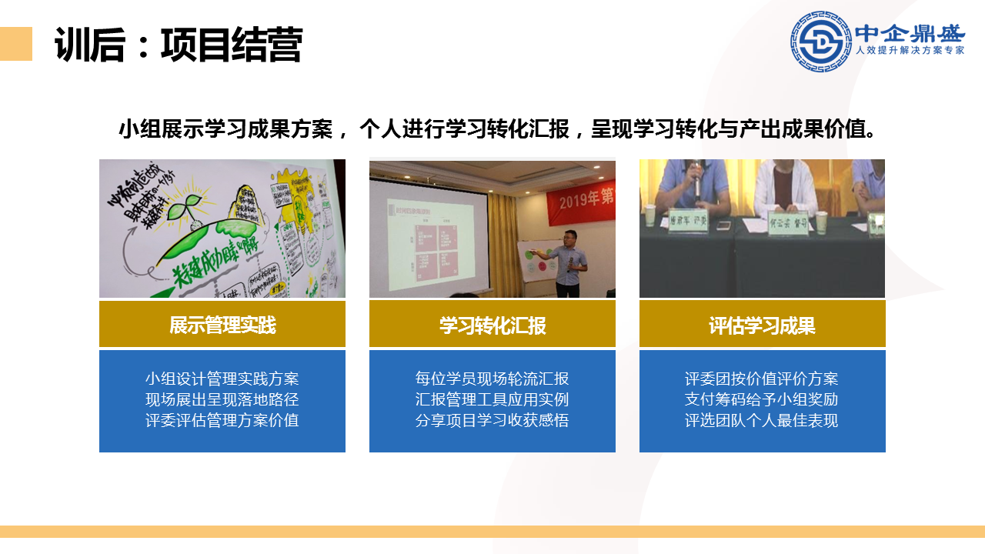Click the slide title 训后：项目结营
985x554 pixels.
pyautogui.click(x=178, y=45)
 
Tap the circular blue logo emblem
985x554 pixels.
pyautogui.click(x=820, y=41)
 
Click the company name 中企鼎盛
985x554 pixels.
pyautogui.click(x=910, y=33)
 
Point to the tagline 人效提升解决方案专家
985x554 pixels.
pyautogui.click(x=910, y=51)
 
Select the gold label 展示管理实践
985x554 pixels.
pyautogui.click(x=222, y=325)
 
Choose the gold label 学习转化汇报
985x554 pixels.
pyautogui.click(x=492, y=325)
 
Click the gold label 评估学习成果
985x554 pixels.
pyautogui.click(x=762, y=325)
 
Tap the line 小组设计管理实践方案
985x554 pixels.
pyautogui.click(x=222, y=379)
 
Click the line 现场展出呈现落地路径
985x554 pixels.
pyautogui.click(x=222, y=399)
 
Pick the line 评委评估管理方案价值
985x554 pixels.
pyautogui.click(x=222, y=420)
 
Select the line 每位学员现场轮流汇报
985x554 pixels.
pyautogui.click(x=492, y=379)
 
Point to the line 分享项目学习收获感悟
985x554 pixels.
pyautogui.click(x=492, y=420)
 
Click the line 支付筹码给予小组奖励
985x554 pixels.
pyautogui.click(x=762, y=399)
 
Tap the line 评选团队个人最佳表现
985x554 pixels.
pyautogui.click(x=762, y=420)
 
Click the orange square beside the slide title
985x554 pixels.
pyautogui.click(x=15, y=44)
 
